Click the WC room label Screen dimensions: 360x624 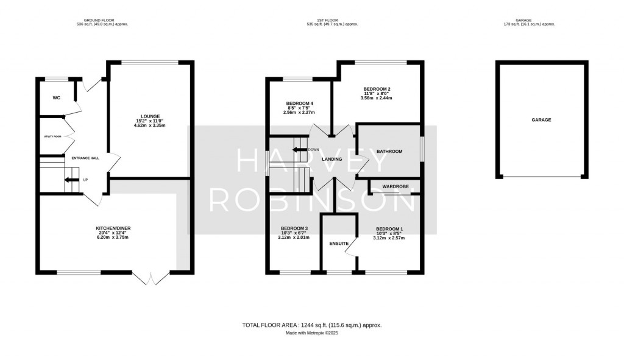[56, 97]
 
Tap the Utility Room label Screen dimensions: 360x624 [52, 136]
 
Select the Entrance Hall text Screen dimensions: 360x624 [85, 158]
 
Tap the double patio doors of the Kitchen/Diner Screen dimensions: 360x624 [150, 278]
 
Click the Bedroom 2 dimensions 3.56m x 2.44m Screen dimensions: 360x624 [376, 97]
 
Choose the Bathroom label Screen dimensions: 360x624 [389, 151]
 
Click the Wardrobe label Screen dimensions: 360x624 [395, 186]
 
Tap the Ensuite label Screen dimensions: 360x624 [338, 244]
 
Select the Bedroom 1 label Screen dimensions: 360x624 [389, 228]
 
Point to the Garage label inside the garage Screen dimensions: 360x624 [541, 120]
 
